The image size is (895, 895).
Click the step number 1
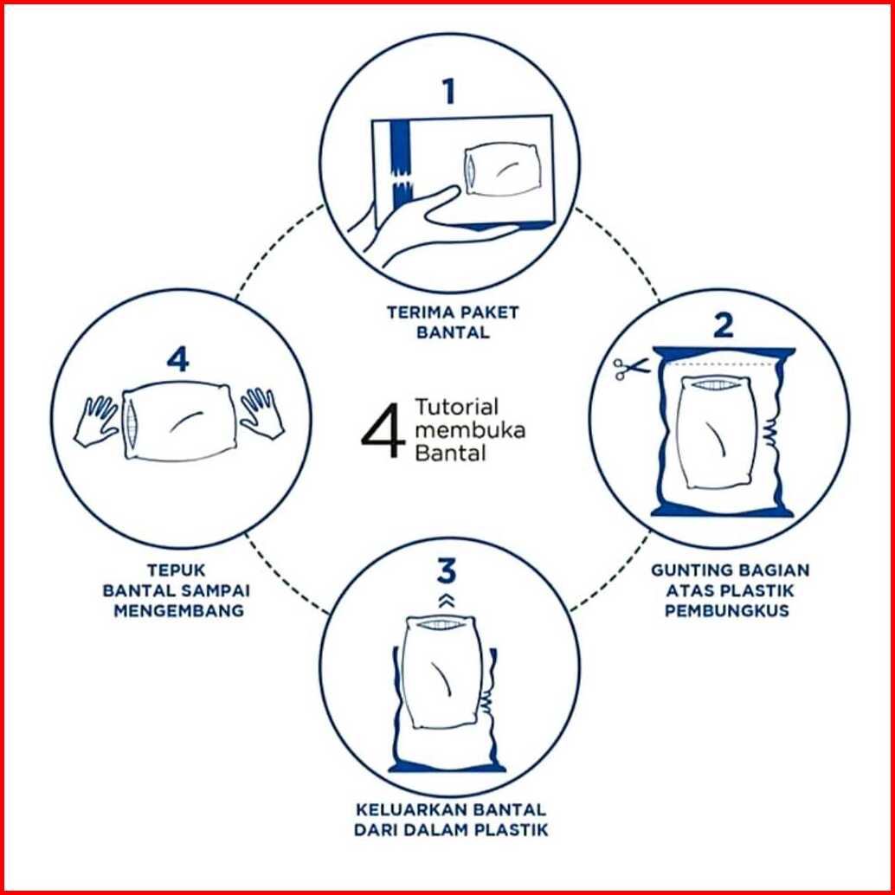click(450, 92)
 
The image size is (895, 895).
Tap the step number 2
click(724, 326)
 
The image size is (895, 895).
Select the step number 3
click(447, 571)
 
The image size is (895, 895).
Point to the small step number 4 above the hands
click(177, 359)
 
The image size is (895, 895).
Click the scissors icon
click(631, 368)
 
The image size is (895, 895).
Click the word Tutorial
click(457, 407)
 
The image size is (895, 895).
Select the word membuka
click(470, 430)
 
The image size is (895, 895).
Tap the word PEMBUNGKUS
click(726, 610)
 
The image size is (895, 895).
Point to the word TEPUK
click(177, 570)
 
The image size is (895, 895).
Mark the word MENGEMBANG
click(178, 610)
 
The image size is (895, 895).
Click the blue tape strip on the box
click(401, 165)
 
